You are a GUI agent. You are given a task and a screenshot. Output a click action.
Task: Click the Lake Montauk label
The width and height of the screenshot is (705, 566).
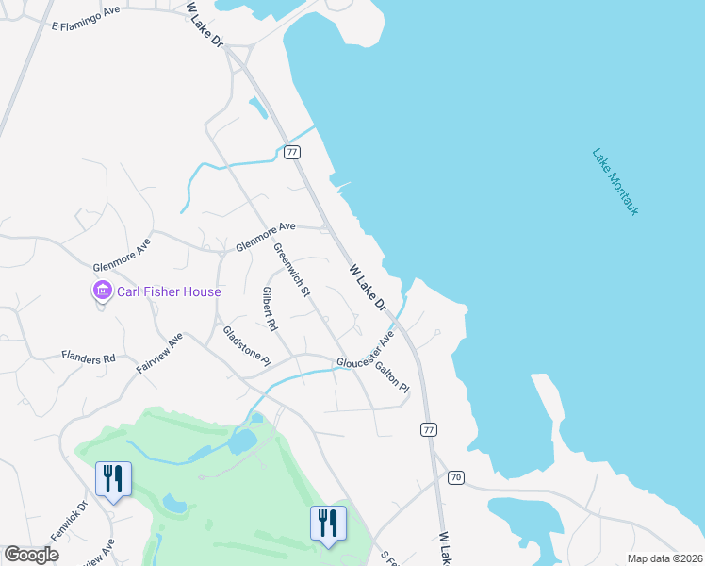click(615, 181)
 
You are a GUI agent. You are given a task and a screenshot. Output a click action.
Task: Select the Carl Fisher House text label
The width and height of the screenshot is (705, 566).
click(169, 291)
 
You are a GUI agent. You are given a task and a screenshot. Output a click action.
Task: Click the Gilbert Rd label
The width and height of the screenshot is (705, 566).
click(270, 308)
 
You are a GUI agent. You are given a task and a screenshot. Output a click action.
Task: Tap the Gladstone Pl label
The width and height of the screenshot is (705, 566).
click(246, 346)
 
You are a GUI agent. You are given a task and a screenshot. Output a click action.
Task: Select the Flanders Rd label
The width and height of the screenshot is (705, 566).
click(88, 358)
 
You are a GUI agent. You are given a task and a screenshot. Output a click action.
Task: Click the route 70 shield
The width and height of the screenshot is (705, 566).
click(456, 478)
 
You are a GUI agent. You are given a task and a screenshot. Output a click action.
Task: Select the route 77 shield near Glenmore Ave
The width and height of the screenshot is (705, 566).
click(292, 151)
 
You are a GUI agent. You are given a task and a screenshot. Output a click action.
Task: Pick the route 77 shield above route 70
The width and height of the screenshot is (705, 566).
click(429, 429)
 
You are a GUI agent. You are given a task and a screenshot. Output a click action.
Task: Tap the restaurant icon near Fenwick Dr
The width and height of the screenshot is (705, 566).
click(113, 478)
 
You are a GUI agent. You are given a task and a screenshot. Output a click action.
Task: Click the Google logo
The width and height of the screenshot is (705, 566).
click(31, 555)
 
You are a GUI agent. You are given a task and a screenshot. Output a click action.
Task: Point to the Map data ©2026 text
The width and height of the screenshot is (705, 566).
click(664, 558)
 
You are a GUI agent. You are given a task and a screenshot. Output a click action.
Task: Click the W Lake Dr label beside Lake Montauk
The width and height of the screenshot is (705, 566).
click(369, 287)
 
